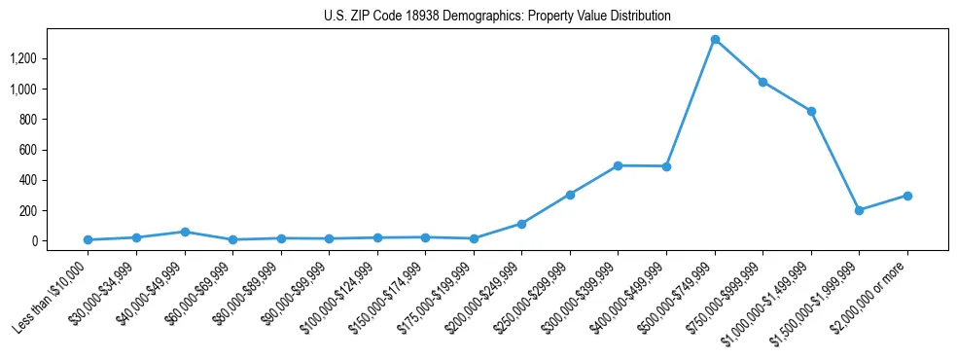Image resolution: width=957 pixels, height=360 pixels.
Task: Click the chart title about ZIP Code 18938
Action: click(497, 17)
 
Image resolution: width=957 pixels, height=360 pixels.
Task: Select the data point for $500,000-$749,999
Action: click(715, 40)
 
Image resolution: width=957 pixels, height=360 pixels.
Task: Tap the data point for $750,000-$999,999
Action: click(762, 82)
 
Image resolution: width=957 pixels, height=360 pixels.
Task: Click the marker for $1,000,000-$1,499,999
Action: click(811, 111)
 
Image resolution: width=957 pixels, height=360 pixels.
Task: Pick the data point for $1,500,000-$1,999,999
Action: click(859, 210)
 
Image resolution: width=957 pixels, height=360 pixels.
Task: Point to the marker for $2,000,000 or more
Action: click(907, 196)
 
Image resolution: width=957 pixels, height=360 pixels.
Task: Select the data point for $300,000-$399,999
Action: click(619, 165)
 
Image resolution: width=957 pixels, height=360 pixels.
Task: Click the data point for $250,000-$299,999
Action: click(570, 195)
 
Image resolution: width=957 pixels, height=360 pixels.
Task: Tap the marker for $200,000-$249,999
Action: click(522, 224)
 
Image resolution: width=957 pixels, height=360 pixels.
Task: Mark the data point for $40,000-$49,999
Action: click(185, 232)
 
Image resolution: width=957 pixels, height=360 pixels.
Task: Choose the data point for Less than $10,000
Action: click(88, 239)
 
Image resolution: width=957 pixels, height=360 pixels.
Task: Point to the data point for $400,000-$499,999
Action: click(666, 166)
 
